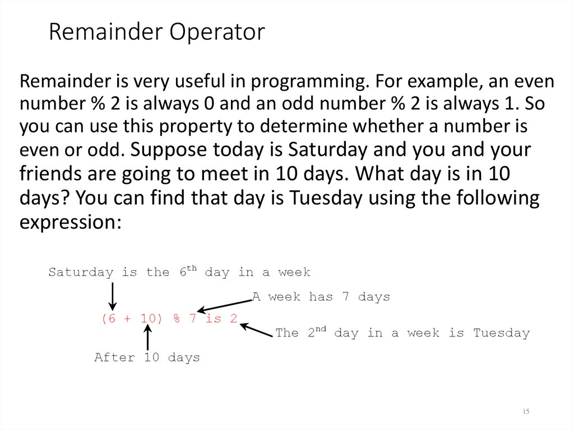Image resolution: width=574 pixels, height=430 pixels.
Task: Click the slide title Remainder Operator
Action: point(156,33)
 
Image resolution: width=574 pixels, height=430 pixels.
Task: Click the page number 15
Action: point(526,412)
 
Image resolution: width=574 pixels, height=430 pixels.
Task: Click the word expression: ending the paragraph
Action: point(71,222)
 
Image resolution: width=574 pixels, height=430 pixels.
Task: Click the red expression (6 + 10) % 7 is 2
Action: point(169,318)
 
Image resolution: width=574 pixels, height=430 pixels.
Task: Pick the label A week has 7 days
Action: point(321,297)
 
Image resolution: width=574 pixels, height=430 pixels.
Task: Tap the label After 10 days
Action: point(147,357)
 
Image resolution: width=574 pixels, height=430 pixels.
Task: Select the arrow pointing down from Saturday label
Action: point(113,296)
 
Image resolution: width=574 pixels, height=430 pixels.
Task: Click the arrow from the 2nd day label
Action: point(256,329)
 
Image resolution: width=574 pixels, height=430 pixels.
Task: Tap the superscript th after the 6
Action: point(192,268)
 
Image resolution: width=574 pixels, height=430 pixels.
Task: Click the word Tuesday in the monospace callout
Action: point(501,333)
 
